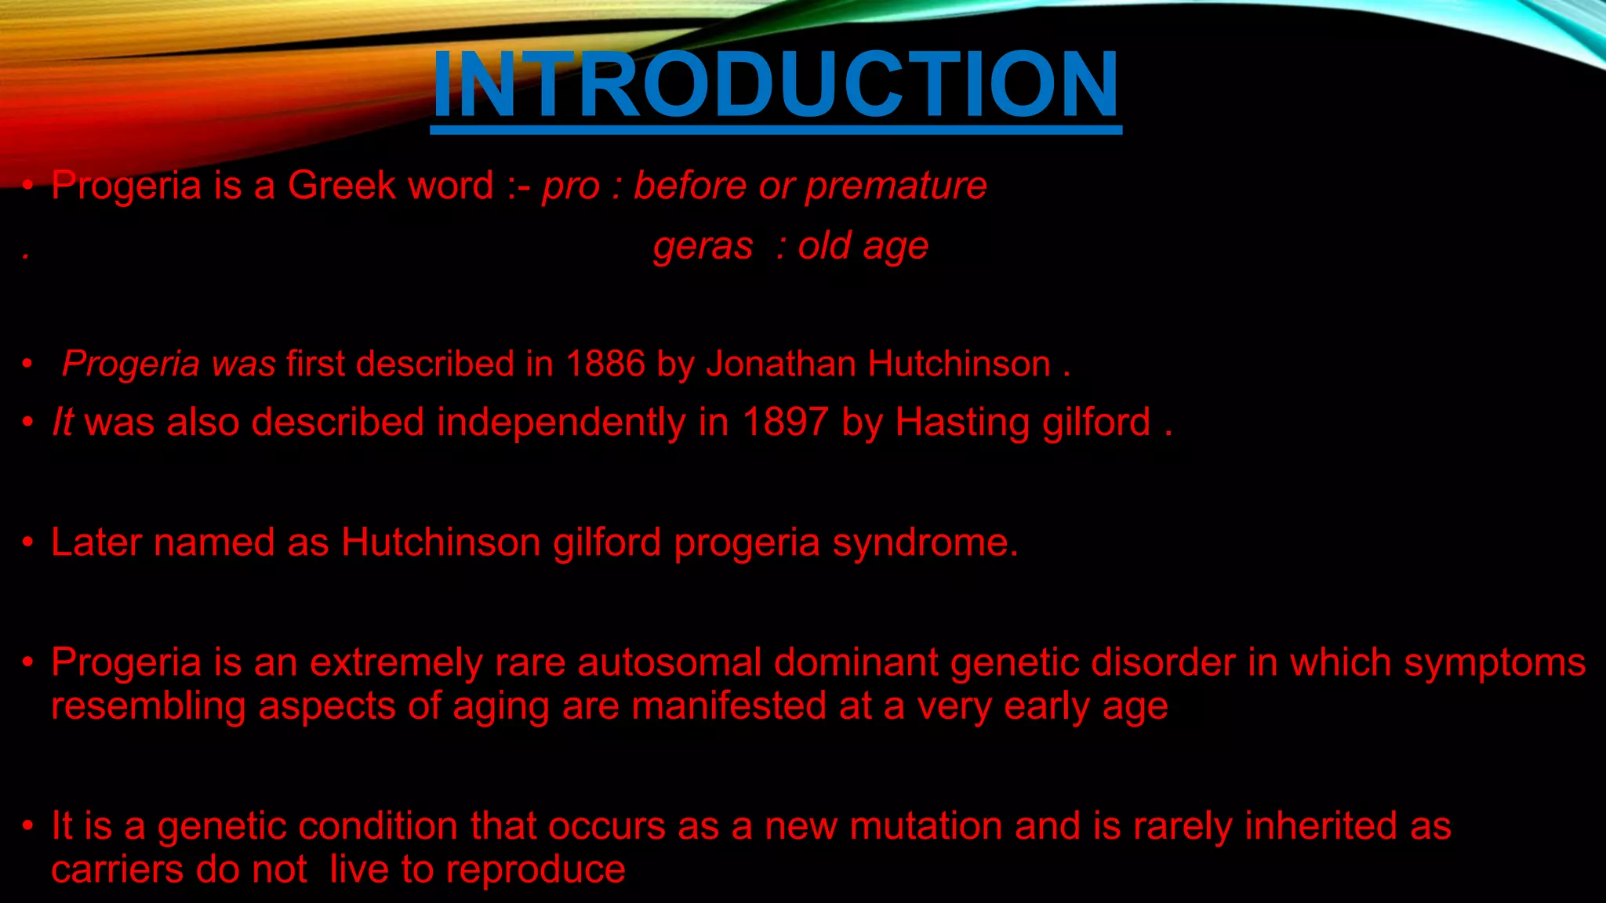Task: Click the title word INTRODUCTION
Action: click(776, 84)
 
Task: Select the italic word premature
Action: click(896, 187)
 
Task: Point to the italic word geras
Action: click(703, 247)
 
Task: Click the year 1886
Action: click(605, 364)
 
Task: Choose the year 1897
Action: click(785, 422)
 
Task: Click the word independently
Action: click(561, 423)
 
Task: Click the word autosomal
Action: click(670, 662)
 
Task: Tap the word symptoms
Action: click(1495, 664)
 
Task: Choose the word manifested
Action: click(729, 706)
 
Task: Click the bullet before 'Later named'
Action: click(28, 542)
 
